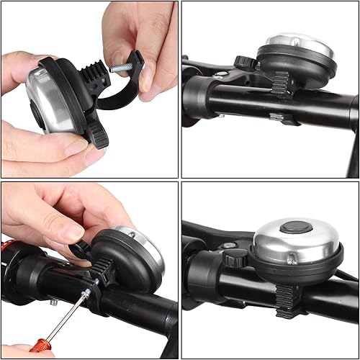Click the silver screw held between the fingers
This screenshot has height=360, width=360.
click(x=120, y=66)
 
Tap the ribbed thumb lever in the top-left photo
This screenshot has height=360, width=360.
click(x=97, y=133)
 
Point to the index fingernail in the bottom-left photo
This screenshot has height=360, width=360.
click(x=73, y=233)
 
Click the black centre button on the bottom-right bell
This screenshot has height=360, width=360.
click(x=292, y=228)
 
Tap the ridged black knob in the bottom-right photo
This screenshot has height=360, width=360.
click(x=235, y=258)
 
